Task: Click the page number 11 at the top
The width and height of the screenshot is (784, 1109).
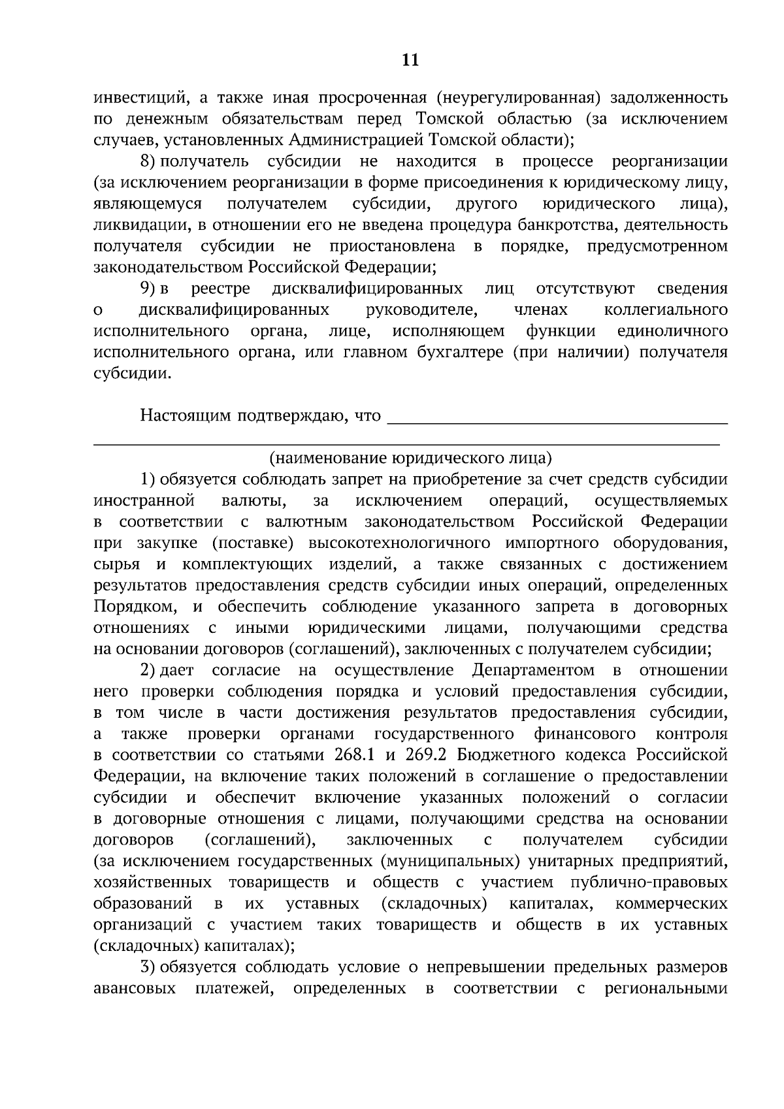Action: pos(410,60)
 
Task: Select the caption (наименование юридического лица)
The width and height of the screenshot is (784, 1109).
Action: pos(410,458)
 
